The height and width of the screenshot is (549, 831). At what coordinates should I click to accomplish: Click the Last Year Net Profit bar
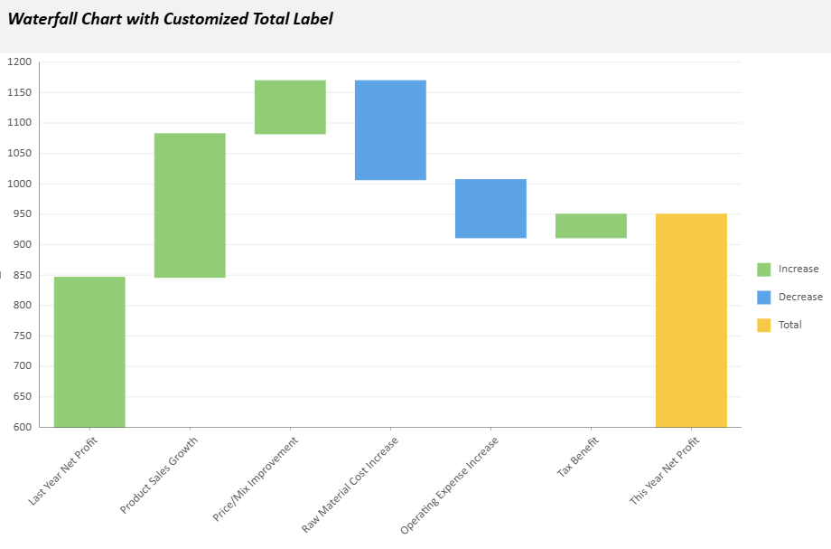(89, 351)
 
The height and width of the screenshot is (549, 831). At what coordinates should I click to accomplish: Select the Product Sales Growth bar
(190, 204)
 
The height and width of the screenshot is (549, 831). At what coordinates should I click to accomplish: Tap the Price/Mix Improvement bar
(290, 107)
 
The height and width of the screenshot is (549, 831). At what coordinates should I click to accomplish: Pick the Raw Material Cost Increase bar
(390, 130)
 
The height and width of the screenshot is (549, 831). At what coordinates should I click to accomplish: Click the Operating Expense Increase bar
(490, 208)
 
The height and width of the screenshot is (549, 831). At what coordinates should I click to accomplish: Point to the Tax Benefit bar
(591, 225)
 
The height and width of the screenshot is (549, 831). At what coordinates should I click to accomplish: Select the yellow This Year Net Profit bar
(691, 320)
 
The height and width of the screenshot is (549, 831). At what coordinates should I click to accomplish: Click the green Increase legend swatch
(764, 270)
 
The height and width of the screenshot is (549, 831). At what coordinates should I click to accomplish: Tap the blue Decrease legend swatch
(764, 298)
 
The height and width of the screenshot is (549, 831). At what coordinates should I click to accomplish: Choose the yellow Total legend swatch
(764, 325)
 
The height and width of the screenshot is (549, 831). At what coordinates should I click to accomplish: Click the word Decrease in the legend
(800, 298)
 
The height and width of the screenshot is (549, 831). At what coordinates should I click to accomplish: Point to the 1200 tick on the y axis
(19, 62)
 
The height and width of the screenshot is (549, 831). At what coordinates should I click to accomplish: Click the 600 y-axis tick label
(21, 427)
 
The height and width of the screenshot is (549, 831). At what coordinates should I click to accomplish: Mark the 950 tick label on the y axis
(21, 214)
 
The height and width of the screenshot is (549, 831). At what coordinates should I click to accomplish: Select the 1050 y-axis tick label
(19, 154)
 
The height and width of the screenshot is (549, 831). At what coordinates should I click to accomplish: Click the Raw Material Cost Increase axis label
(351, 484)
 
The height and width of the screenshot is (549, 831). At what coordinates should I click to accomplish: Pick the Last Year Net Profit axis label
(64, 469)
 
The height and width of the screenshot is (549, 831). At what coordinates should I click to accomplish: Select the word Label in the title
(312, 19)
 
